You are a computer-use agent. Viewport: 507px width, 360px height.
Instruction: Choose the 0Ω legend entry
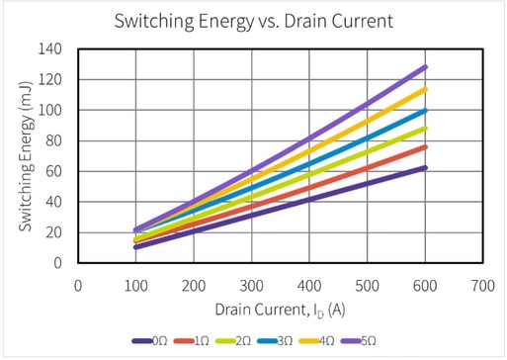(150, 341)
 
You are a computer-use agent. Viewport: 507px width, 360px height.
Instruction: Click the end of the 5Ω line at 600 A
(424, 67)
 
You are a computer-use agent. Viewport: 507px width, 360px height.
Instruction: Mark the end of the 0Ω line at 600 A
(424, 167)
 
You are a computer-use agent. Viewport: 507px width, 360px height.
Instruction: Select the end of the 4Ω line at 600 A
(424, 89)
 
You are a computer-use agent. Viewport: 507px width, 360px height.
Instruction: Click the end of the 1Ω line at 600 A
(424, 146)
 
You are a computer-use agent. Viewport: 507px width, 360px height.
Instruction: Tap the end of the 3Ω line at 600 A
(424, 110)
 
